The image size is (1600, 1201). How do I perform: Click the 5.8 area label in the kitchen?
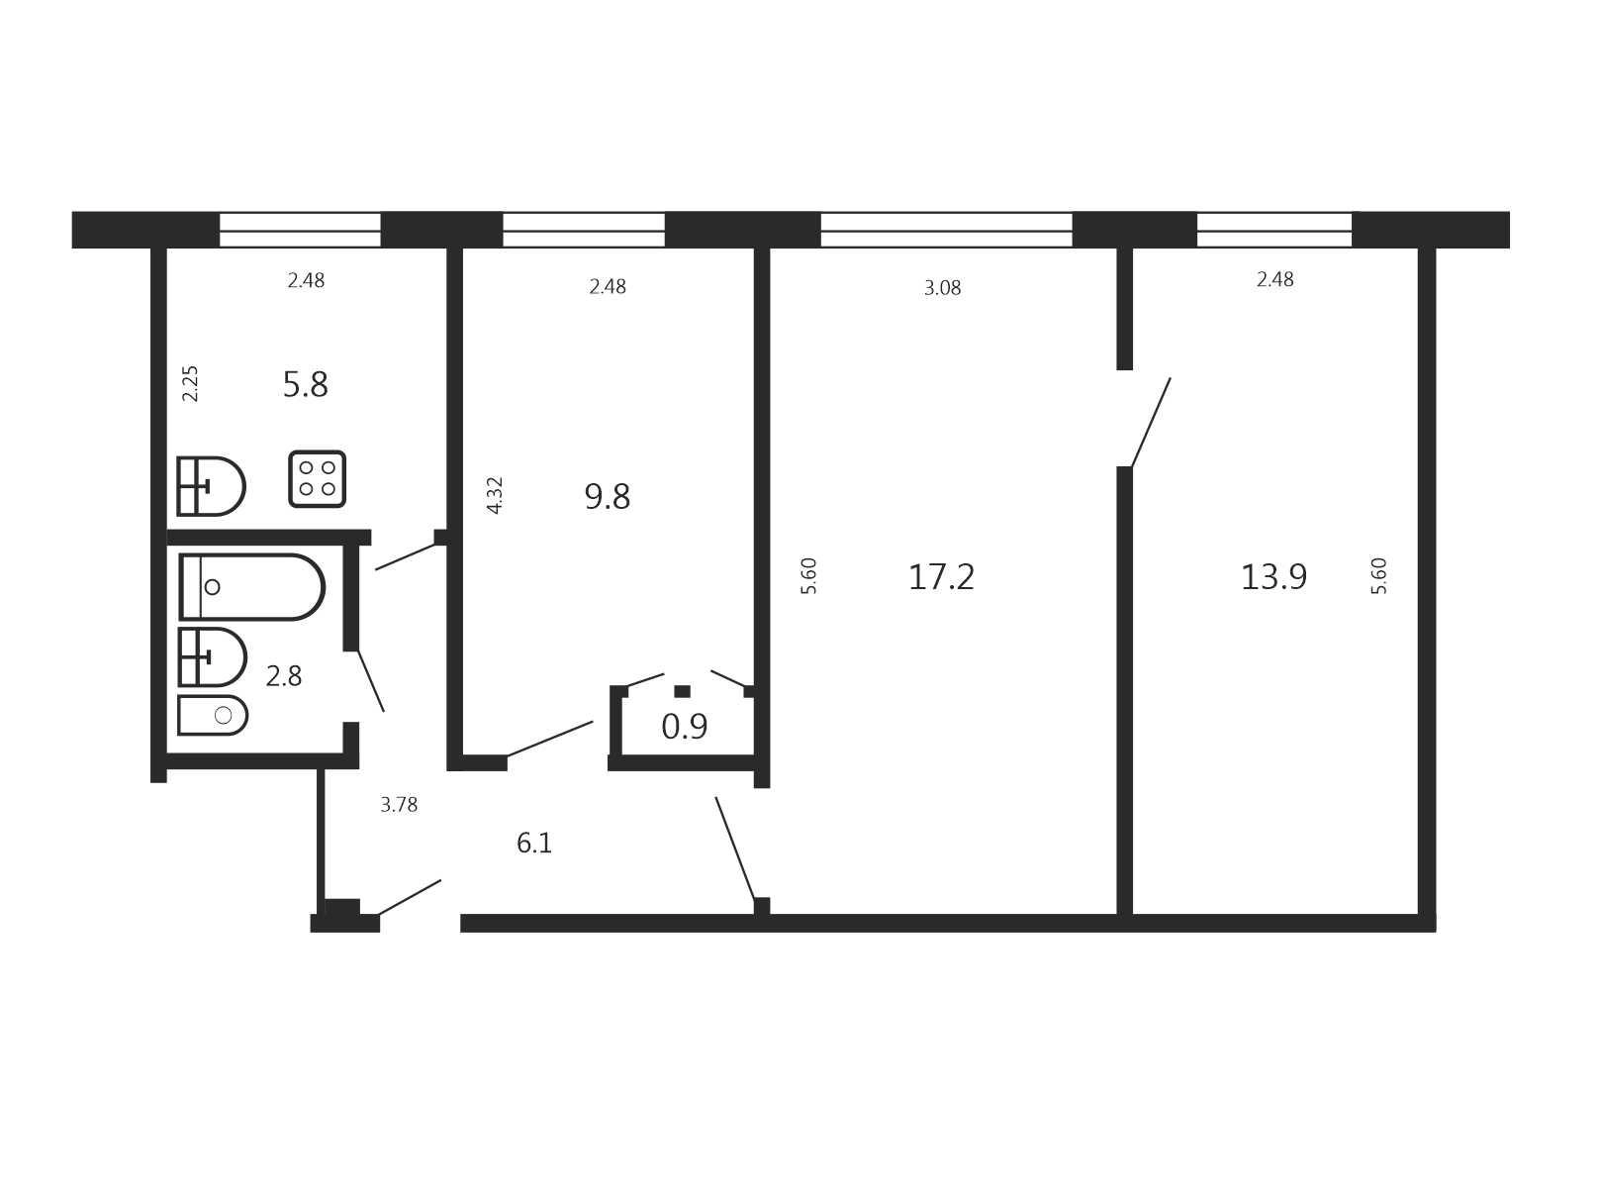coord(305,384)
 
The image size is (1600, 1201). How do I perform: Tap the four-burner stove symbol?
coord(317,478)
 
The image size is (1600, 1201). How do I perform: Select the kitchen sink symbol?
coord(211,486)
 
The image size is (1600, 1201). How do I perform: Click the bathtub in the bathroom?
coord(251,587)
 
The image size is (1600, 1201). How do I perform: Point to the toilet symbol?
coord(213,715)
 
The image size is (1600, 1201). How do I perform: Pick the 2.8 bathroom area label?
coord(284,676)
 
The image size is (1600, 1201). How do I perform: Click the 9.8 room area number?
coord(608,497)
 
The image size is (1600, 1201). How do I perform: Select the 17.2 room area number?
coord(941,577)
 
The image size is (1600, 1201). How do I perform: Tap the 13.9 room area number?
coord(1273,577)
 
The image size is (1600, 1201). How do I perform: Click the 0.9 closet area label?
coord(685,727)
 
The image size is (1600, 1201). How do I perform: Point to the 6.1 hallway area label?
coord(534,843)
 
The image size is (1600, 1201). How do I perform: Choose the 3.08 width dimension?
coord(943,288)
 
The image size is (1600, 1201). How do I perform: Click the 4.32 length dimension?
coord(494,495)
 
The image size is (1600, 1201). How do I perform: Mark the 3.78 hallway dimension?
coord(399,804)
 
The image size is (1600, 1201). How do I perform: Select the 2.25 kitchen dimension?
coord(190,383)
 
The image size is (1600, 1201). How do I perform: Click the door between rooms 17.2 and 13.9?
coord(1150,422)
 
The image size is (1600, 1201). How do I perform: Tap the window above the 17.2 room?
coord(946,230)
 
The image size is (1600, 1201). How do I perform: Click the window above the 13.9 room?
coord(1274,230)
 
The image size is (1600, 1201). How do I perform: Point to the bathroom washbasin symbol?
coord(212,657)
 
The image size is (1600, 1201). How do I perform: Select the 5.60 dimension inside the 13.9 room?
coord(1378,576)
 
